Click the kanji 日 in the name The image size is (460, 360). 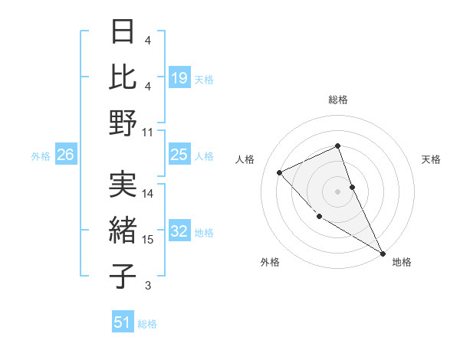(123, 33)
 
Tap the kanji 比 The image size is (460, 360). (123, 77)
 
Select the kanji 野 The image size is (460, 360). (123, 123)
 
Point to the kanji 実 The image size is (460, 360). (123, 185)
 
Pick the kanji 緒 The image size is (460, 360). (123, 231)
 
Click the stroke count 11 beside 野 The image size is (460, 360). (148, 133)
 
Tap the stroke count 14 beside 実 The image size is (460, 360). (148, 194)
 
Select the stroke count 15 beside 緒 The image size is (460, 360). (148, 240)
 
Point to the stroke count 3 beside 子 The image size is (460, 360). (148, 286)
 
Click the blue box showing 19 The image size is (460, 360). (179, 77)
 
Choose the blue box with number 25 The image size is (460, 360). (179, 155)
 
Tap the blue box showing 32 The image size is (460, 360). (179, 232)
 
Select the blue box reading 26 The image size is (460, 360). (65, 155)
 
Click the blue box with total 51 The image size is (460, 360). (123, 322)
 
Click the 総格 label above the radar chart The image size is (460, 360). (338, 100)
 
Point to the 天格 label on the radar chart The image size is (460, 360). (432, 159)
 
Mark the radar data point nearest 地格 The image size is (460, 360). (383, 253)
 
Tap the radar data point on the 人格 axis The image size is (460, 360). (280, 172)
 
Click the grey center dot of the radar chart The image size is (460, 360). (338, 191)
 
